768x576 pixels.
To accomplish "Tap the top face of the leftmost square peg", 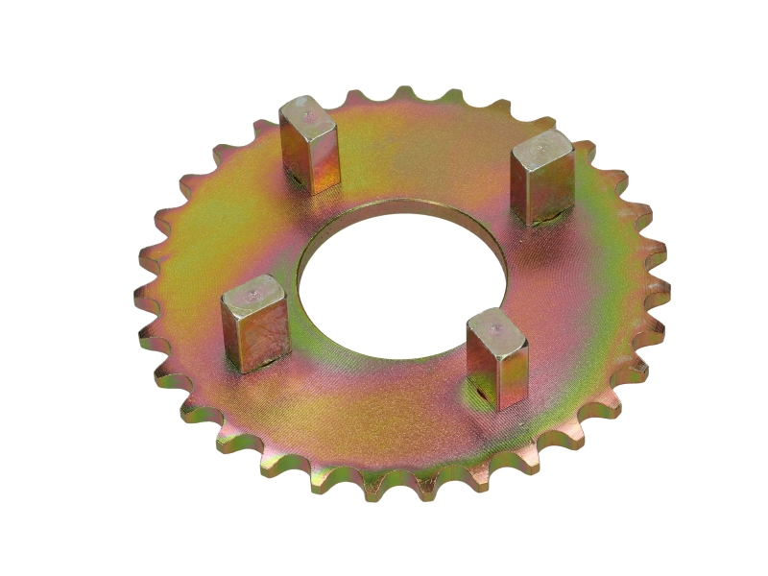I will coord(253,292).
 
